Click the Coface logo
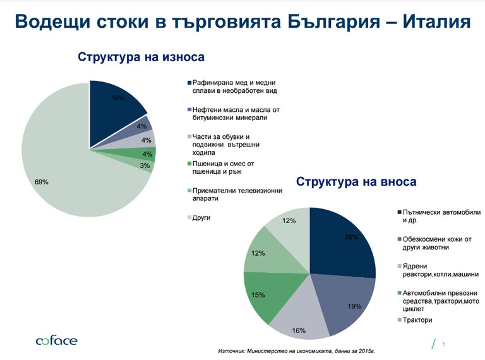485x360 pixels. [x=56, y=341]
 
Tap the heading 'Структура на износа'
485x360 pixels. [x=141, y=57]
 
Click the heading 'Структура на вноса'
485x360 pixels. [x=356, y=182]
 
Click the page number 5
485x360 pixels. [x=444, y=344]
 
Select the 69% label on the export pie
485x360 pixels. [x=42, y=182]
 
